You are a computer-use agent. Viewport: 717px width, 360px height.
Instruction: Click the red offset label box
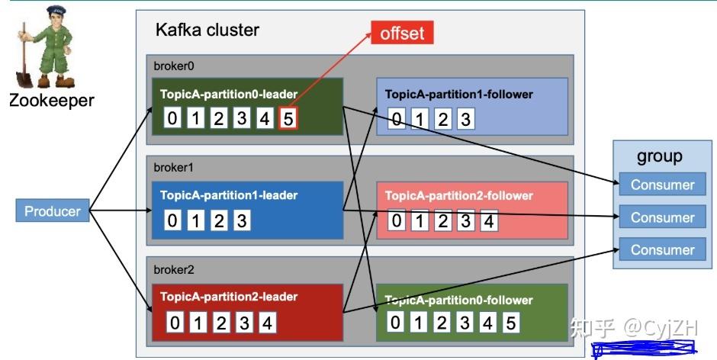tap(402, 33)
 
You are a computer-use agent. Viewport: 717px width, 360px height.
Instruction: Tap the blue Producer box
tap(53, 211)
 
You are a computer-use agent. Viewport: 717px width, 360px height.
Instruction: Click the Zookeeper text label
tap(52, 100)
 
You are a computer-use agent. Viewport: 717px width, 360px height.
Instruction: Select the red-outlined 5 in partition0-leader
tap(288, 118)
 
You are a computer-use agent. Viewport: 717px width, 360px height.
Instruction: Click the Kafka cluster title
tap(207, 30)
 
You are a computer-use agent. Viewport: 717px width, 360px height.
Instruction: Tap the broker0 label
tap(174, 66)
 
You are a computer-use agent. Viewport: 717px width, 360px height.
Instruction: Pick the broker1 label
tap(173, 168)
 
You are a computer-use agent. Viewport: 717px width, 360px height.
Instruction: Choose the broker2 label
tap(174, 269)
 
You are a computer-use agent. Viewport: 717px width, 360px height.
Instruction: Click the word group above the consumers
tap(659, 156)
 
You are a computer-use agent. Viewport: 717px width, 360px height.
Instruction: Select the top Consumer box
tap(663, 185)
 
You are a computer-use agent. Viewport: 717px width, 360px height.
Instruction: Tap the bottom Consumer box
tap(663, 249)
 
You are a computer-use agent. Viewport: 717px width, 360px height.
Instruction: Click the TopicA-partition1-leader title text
tap(229, 195)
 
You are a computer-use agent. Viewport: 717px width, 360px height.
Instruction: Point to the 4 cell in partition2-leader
tap(268, 323)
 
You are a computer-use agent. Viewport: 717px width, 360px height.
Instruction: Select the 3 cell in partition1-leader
tap(242, 220)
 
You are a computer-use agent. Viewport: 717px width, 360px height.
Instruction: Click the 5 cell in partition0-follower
tap(511, 323)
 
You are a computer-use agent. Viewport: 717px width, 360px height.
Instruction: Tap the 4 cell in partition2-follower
tap(489, 221)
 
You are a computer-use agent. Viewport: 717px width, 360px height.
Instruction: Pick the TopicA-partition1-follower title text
tap(459, 95)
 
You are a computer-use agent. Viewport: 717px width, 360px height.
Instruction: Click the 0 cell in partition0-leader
tap(172, 118)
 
